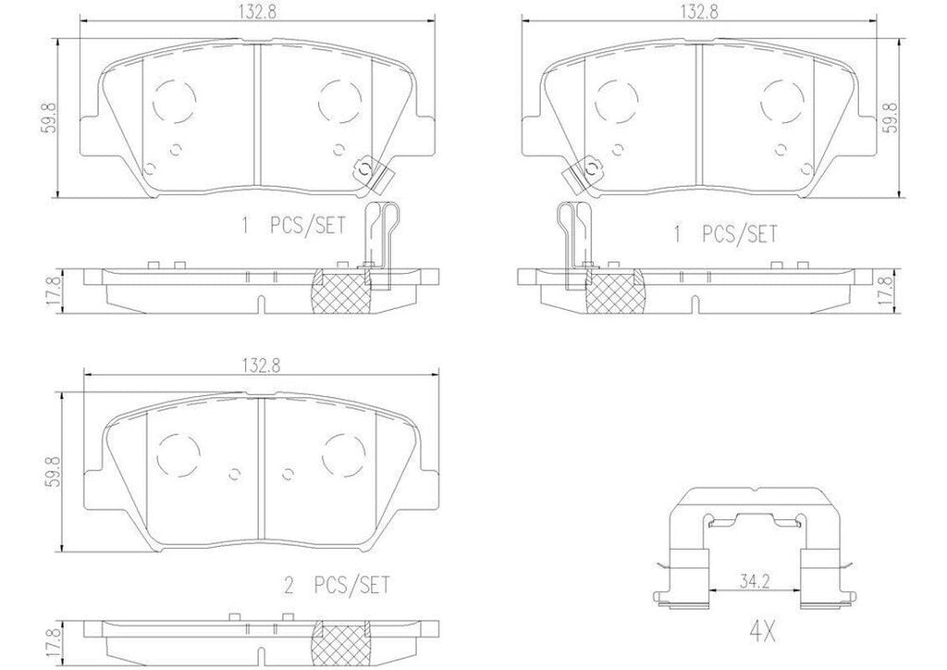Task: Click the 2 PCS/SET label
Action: pyautogui.click(x=337, y=585)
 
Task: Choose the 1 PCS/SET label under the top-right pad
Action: pyautogui.click(x=727, y=233)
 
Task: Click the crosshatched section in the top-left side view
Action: pyautogui.click(x=342, y=289)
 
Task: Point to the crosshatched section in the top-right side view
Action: pyautogui.click(x=615, y=289)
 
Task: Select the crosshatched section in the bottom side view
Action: pyautogui.click(x=343, y=639)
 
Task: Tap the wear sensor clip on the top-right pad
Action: pyautogui.click(x=585, y=169)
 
